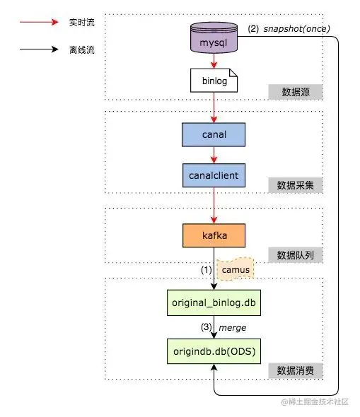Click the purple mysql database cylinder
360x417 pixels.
(213, 39)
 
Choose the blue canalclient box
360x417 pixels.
(213, 174)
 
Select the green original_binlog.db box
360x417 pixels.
(213, 302)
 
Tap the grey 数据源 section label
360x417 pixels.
(295, 92)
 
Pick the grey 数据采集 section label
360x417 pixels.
(295, 185)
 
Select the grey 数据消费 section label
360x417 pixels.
(295, 370)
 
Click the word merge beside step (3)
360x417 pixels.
(233, 327)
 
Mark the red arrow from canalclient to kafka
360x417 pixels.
(213, 204)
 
